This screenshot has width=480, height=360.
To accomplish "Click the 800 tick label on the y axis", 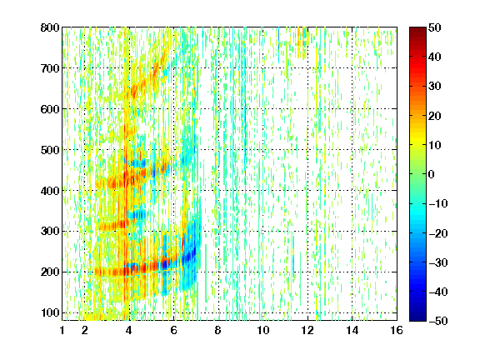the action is point(50,27).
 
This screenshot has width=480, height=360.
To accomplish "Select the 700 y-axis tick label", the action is point(50,68).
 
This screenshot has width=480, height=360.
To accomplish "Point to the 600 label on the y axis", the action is point(50,109).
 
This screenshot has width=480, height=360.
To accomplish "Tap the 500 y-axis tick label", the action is point(50,150).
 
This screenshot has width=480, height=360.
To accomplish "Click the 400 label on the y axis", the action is point(50,191).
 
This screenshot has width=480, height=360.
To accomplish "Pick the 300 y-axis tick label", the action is point(50,231).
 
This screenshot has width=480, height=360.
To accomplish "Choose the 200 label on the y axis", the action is point(50,272).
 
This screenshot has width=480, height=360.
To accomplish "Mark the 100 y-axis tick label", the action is point(50,312).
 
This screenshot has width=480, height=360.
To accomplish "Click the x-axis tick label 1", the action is point(62,330).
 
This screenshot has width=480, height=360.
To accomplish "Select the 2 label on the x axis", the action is point(85,330).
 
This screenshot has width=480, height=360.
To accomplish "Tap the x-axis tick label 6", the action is point(174,330).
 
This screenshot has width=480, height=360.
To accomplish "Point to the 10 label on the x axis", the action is point(263,330).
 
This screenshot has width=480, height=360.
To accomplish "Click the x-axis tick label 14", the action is point(352,330).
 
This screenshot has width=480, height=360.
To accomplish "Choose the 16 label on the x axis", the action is point(397,330).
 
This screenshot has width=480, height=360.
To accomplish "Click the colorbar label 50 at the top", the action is point(434,27).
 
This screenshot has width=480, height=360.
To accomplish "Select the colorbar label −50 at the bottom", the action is point(438,321).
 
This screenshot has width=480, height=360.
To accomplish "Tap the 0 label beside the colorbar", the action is point(432,174).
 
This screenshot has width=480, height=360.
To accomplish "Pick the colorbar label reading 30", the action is point(434,87).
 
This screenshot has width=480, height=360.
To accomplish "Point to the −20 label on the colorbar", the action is point(438,233).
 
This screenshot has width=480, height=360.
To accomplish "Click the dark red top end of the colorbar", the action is point(417,29).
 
